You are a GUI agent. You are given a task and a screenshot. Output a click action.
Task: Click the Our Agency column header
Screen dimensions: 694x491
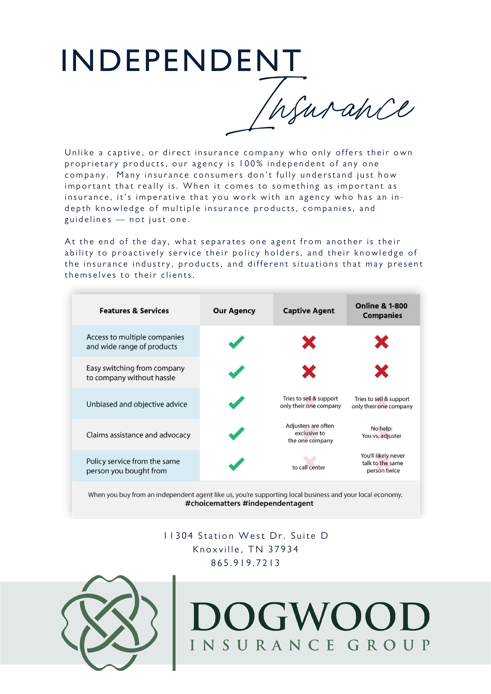point(234,311)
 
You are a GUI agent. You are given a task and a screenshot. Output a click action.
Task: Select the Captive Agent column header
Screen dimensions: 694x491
point(309,311)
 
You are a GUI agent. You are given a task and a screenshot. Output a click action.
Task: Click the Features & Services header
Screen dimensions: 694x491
point(134,311)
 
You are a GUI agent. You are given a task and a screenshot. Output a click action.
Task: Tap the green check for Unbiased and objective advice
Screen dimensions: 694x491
point(236,402)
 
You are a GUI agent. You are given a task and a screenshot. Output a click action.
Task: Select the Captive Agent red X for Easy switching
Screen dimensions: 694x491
point(309,371)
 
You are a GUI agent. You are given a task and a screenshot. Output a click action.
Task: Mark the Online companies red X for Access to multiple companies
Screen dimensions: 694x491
point(382,342)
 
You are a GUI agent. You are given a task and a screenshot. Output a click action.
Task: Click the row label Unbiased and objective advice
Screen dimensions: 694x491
point(137,404)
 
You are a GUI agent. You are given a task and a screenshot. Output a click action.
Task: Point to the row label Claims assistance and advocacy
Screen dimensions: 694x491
point(138,435)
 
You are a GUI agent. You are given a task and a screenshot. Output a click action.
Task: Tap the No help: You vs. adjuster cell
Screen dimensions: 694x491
point(382,432)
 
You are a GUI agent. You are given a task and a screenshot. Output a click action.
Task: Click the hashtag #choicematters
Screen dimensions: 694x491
point(213,504)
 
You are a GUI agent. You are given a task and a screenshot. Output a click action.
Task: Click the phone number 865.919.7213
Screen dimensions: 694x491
point(245,563)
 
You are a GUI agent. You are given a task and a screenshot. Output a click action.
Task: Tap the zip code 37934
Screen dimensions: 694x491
point(283,549)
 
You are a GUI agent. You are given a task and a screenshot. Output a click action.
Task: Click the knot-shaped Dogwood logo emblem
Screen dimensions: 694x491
point(109,623)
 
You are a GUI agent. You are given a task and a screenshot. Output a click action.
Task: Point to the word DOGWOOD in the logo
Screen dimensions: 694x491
point(310,617)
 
